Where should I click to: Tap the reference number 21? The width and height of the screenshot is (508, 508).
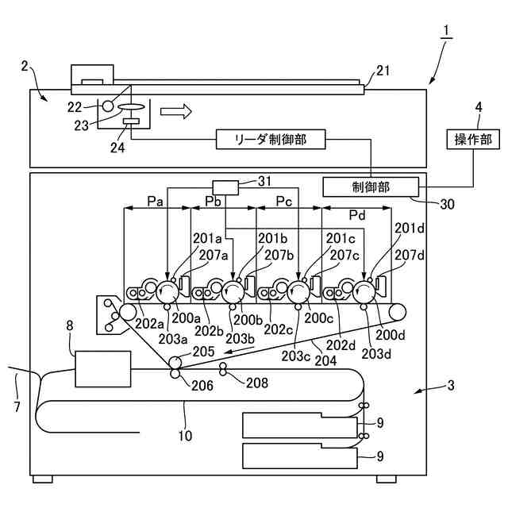(383, 71)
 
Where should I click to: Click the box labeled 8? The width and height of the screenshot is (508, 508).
(103, 368)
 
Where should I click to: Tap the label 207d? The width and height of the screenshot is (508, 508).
(412, 255)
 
